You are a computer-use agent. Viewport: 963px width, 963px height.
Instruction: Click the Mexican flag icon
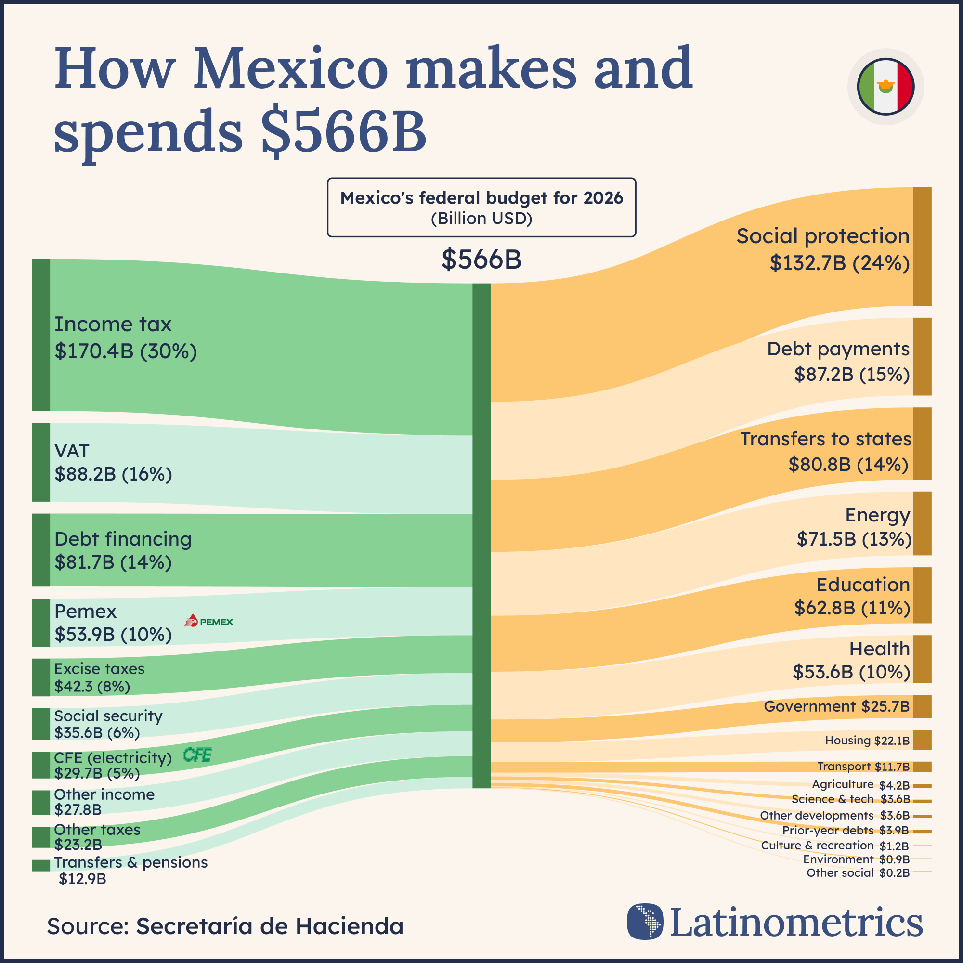(x=885, y=87)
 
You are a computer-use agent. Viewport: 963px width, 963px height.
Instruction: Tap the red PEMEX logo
(x=208, y=621)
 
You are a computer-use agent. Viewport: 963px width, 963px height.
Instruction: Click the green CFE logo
(x=197, y=755)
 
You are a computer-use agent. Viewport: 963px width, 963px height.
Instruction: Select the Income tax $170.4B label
(x=126, y=338)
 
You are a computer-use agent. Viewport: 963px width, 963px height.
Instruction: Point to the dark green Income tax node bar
(x=41, y=335)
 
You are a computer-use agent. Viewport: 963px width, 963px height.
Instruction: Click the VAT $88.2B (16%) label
(x=113, y=462)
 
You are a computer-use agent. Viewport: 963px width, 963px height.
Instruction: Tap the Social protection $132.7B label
(x=822, y=249)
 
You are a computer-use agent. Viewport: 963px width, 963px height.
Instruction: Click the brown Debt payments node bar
(x=922, y=356)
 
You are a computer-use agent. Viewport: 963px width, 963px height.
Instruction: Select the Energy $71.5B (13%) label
(x=854, y=527)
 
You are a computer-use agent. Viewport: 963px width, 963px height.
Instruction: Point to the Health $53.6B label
(x=851, y=660)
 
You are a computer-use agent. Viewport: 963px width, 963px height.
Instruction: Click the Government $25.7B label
(x=836, y=706)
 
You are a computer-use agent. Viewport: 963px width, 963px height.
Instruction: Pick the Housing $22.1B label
(x=867, y=741)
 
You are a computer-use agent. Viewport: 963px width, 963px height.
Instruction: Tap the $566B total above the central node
(x=481, y=260)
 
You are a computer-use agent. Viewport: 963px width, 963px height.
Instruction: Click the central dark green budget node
(x=481, y=536)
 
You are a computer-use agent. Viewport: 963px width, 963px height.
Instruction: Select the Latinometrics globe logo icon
(x=645, y=922)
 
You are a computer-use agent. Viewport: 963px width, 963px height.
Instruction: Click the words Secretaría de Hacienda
(x=270, y=926)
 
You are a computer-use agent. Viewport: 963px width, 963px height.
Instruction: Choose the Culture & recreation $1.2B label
(x=834, y=846)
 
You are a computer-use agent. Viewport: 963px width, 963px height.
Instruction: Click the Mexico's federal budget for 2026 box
(x=481, y=208)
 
